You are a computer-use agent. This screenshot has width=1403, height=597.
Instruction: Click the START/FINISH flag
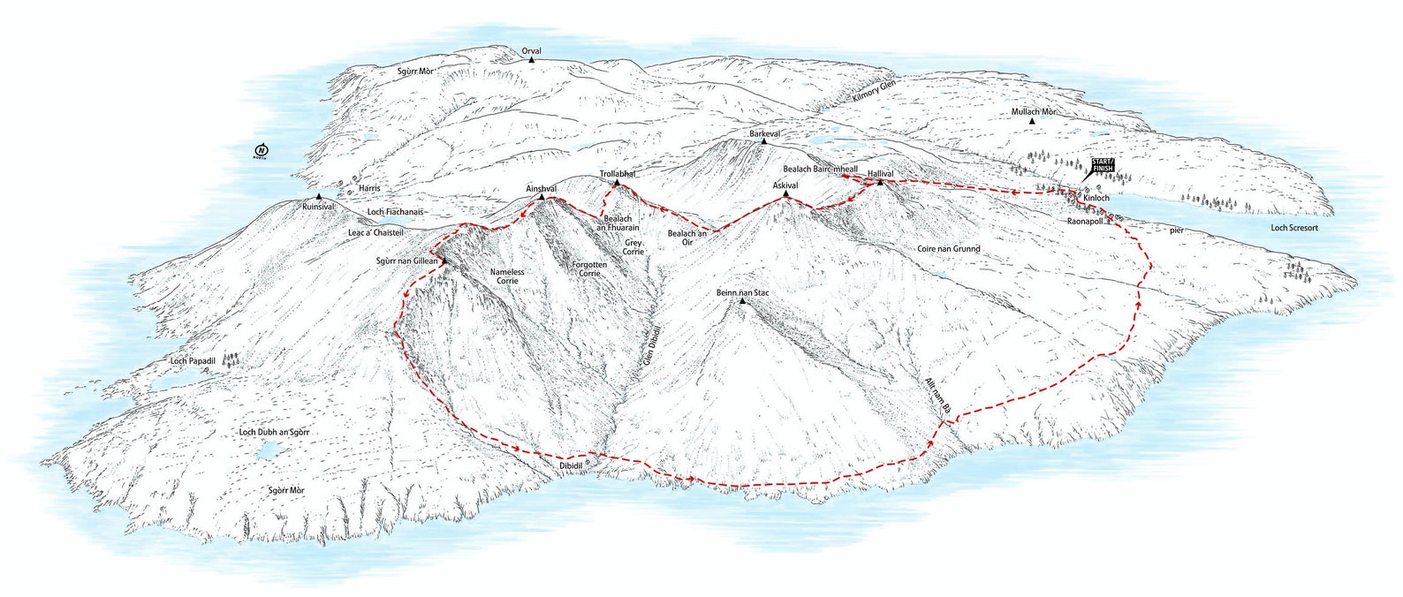1103,165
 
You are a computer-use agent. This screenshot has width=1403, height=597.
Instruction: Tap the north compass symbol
261,150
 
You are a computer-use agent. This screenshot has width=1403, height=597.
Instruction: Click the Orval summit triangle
532,60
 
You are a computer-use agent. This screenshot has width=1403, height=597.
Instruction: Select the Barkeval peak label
762,133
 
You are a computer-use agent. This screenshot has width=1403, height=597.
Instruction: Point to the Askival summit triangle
785,193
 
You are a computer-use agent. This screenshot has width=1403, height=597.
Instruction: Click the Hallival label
881,174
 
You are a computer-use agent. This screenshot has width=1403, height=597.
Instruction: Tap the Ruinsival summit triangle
318,197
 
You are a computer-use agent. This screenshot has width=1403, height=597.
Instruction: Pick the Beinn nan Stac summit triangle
742,302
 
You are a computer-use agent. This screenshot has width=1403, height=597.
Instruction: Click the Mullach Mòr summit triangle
1032,121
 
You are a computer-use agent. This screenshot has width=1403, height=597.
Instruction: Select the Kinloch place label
1096,199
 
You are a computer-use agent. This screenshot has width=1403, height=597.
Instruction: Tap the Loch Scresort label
1293,228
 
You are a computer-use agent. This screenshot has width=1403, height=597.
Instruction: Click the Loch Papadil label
193,361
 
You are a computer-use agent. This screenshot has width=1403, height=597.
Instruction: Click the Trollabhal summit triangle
617,184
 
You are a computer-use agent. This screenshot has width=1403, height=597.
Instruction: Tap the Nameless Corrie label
507,276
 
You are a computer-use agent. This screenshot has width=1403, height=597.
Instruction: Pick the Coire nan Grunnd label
948,249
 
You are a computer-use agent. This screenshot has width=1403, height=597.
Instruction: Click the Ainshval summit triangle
541,197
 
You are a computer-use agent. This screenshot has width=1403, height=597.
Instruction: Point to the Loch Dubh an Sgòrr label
277,432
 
